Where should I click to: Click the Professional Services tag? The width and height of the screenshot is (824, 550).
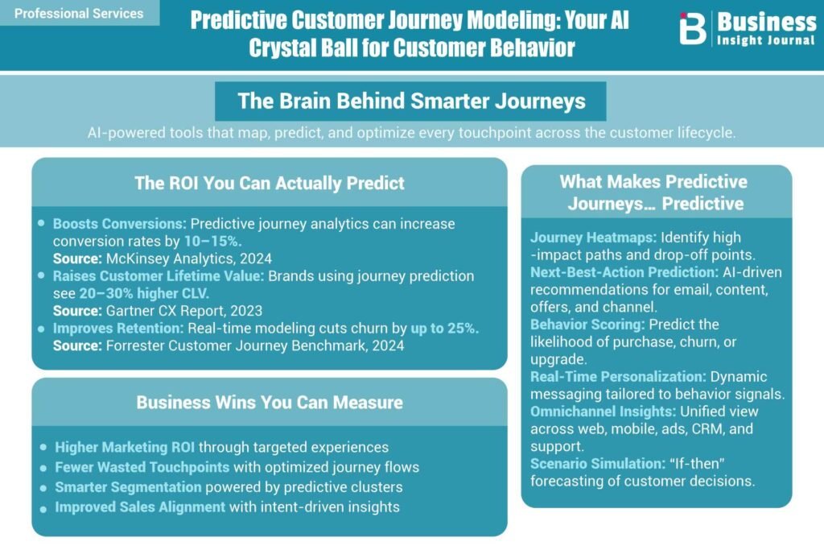pos(79,13)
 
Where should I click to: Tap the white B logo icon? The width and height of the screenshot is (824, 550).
pos(693,28)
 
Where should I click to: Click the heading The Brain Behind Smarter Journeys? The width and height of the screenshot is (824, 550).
pos(411,101)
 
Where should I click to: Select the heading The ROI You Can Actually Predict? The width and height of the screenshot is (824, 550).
pos(270,183)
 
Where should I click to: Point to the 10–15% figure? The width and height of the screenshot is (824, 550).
pos(212,242)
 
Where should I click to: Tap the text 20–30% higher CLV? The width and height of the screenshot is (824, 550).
pos(145,293)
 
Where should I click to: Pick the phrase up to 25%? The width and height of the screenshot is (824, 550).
pos(444,328)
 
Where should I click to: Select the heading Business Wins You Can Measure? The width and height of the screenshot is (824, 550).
pos(270,403)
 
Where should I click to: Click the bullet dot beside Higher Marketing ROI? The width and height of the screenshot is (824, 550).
pos(43,448)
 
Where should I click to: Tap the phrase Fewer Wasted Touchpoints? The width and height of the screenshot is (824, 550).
pos(142,467)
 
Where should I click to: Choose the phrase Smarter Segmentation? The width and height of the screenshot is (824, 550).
pos(128,487)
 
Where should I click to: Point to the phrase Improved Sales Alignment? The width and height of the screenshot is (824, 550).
pos(140,507)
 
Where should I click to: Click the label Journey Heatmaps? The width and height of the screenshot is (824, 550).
pos(593,238)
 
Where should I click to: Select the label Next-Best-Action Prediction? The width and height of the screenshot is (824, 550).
pos(624,272)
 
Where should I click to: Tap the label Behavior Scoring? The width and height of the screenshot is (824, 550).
pos(587,325)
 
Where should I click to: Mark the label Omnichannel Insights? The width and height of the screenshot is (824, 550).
pos(603,411)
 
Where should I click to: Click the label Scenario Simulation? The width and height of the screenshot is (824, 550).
pos(598,464)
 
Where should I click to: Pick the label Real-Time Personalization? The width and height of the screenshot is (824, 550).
pos(618,377)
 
